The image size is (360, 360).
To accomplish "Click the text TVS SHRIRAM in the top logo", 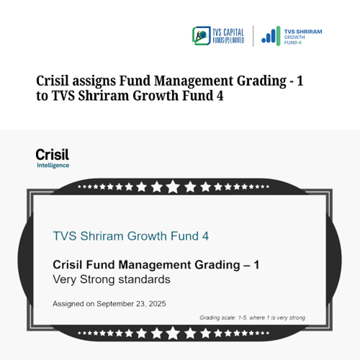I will (x=303, y=31).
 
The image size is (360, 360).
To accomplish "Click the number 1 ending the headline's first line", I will (x=300, y=81).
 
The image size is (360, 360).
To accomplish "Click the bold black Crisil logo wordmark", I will (x=53, y=155).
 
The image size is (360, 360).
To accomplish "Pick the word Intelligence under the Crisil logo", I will (x=53, y=166).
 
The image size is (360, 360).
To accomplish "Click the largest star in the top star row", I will (x=173, y=187).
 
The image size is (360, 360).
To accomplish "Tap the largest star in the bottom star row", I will (x=173, y=333).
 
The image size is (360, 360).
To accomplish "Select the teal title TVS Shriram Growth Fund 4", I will (x=131, y=236).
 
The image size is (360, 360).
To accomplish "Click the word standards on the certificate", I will (x=144, y=279).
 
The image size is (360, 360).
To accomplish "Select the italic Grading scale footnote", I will (x=252, y=318).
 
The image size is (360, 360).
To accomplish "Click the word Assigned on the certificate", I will (x=68, y=304).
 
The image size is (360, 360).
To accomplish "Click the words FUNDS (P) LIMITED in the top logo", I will (x=229, y=40).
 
